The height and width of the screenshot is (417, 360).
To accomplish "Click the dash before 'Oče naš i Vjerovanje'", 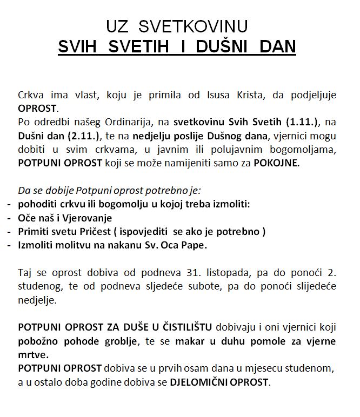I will coord(10,218).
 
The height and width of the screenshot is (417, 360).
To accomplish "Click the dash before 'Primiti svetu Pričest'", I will coord(10,232).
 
